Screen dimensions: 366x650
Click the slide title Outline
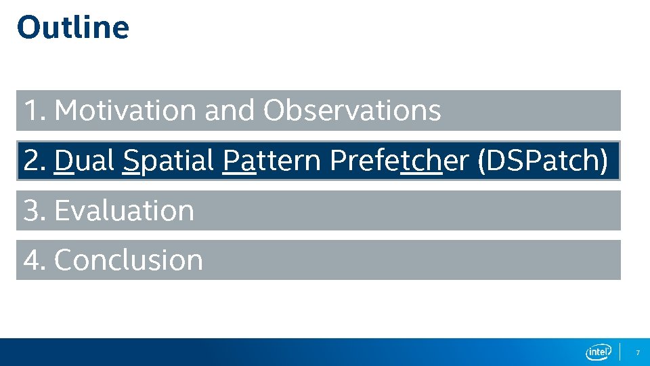click(72, 28)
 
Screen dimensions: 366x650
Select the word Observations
click(352, 110)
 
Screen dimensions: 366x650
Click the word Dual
click(85, 161)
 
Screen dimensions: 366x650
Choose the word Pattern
click(272, 161)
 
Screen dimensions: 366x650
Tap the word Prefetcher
click(399, 161)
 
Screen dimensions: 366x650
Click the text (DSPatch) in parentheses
click(543, 161)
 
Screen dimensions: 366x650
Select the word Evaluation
click(124, 211)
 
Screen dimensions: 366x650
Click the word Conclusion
click(128, 260)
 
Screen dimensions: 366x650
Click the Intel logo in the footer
click(598, 352)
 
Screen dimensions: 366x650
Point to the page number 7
click(636, 352)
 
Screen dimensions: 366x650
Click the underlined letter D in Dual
click(64, 161)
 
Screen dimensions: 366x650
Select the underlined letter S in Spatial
click(131, 161)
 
